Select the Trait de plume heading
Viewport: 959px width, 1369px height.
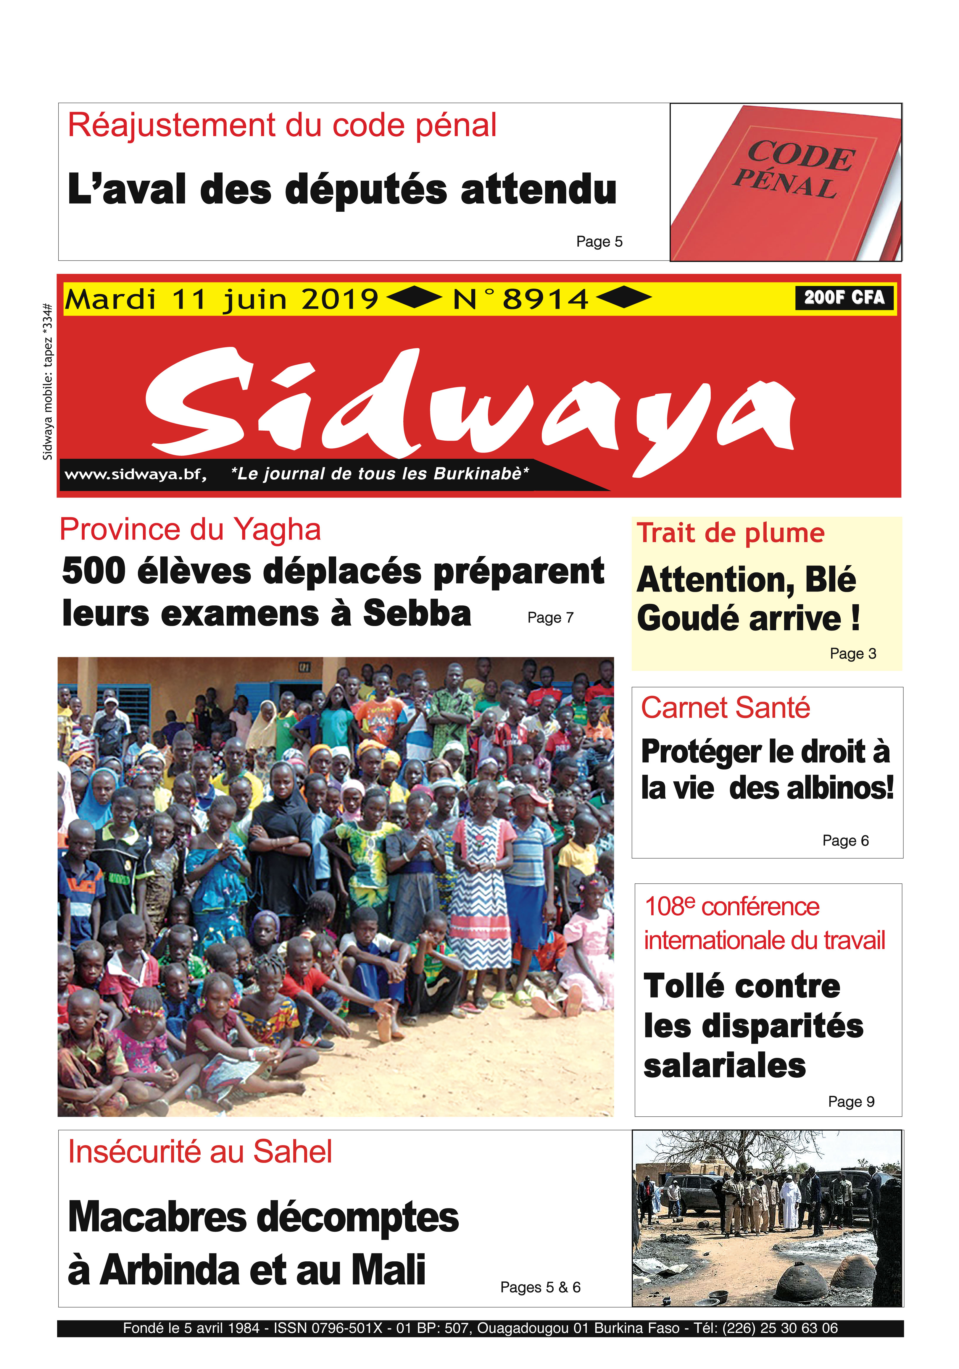(731, 533)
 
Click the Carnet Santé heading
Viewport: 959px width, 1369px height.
(725, 708)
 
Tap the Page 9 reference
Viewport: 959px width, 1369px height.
(851, 1101)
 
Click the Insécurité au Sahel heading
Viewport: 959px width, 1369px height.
(200, 1151)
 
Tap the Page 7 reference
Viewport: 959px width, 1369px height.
(550, 618)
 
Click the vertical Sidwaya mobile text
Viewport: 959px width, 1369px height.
(48, 382)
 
